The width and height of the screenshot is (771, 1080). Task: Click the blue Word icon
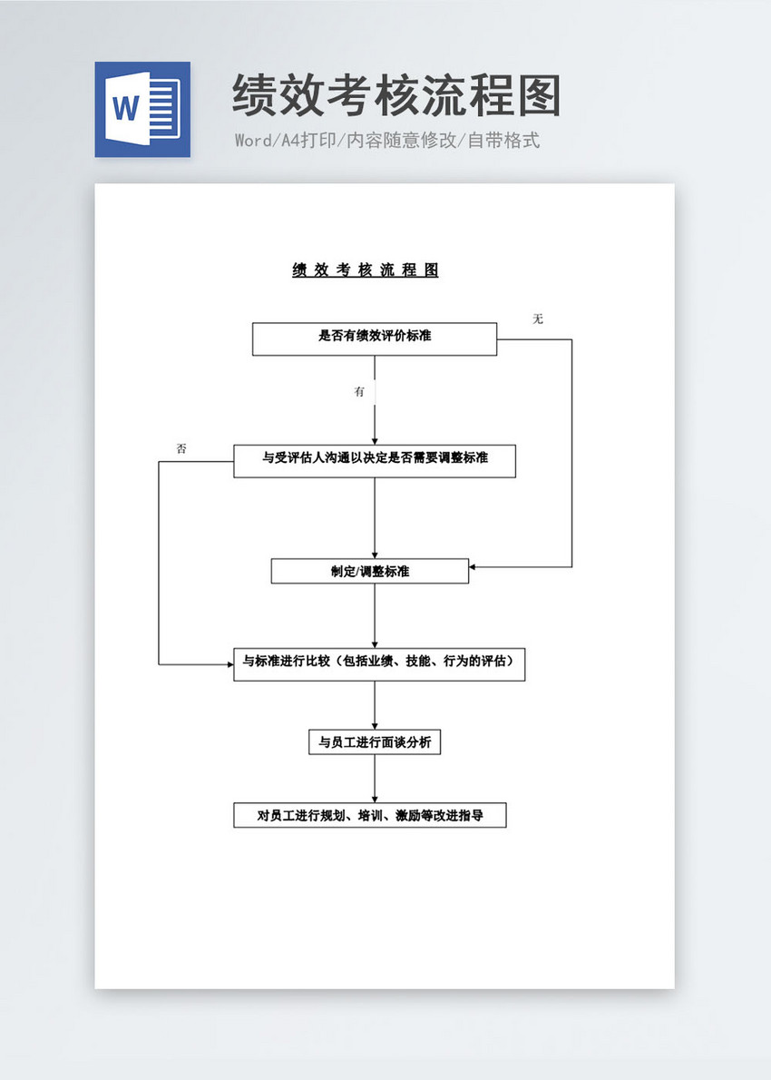(x=142, y=109)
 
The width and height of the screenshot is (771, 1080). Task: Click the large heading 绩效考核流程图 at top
(x=396, y=96)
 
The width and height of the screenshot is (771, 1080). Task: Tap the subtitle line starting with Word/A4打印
(x=387, y=141)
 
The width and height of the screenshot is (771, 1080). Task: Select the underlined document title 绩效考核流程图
(x=366, y=270)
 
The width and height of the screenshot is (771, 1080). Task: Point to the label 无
(x=538, y=319)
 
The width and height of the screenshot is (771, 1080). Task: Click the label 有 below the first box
(x=360, y=392)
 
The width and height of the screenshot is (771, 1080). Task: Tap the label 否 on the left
(x=181, y=449)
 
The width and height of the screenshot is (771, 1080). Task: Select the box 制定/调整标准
(x=370, y=571)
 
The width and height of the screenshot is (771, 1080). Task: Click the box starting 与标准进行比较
(x=379, y=663)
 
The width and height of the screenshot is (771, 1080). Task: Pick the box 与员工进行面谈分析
(x=375, y=741)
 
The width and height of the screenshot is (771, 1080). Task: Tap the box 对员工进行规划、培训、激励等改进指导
(x=370, y=815)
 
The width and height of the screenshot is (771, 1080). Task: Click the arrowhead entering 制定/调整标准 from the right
(x=473, y=567)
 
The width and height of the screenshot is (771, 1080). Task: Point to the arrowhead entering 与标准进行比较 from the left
(x=230, y=664)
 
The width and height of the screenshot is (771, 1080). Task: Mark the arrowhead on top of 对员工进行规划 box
(x=375, y=799)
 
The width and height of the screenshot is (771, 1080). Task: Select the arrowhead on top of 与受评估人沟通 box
(x=375, y=440)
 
